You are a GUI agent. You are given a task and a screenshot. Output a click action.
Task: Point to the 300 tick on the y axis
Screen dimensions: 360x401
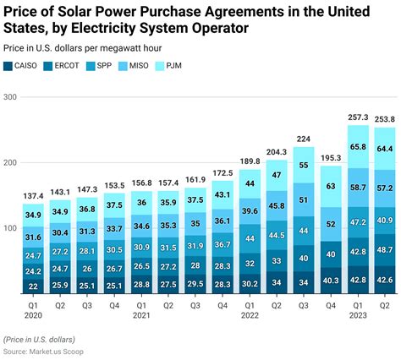[10, 98]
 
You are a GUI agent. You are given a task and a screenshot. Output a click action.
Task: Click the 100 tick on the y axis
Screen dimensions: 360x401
[10, 229]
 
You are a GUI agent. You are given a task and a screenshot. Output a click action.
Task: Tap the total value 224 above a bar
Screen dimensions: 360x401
[303, 139]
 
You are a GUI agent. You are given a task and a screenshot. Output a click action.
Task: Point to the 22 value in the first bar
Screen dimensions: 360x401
[33, 286]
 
